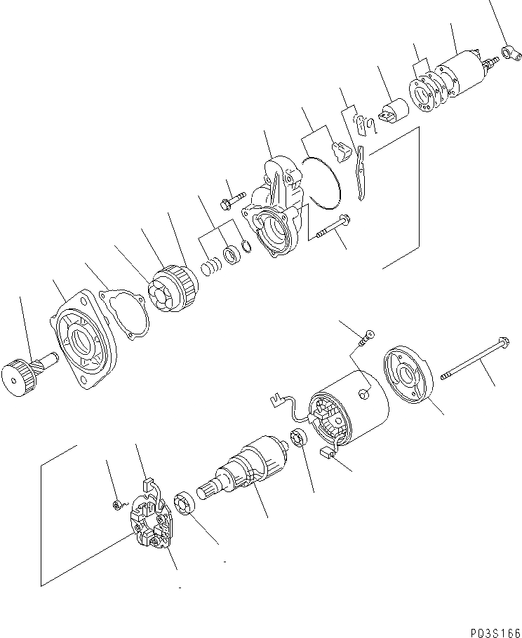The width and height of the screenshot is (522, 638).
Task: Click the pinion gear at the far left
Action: (23, 378)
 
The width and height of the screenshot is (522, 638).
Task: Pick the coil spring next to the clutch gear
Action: (210, 268)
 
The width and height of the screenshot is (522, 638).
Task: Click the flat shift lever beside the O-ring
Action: (361, 172)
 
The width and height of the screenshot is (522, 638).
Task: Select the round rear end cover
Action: (406, 375)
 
